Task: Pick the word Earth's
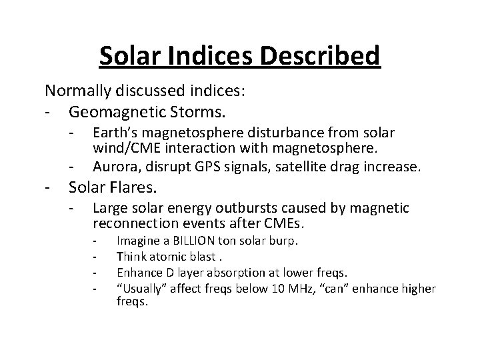coord(116,133)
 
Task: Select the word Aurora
coord(113,165)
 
